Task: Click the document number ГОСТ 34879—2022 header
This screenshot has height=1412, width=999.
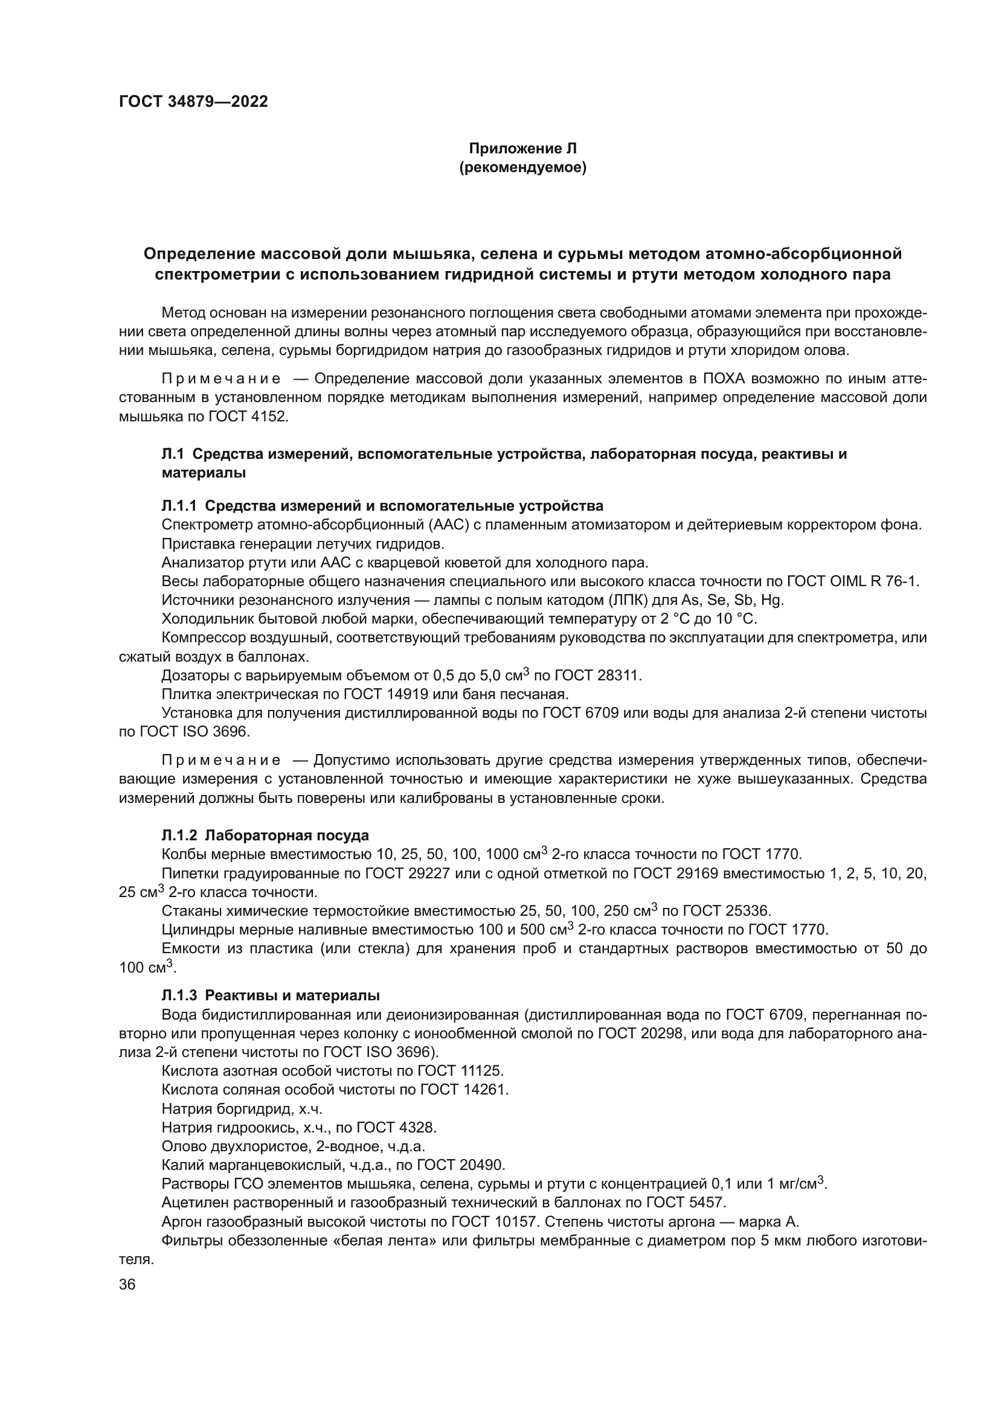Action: click(193, 102)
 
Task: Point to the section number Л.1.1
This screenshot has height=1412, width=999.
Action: click(178, 505)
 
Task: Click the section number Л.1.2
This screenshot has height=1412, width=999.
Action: click(178, 835)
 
